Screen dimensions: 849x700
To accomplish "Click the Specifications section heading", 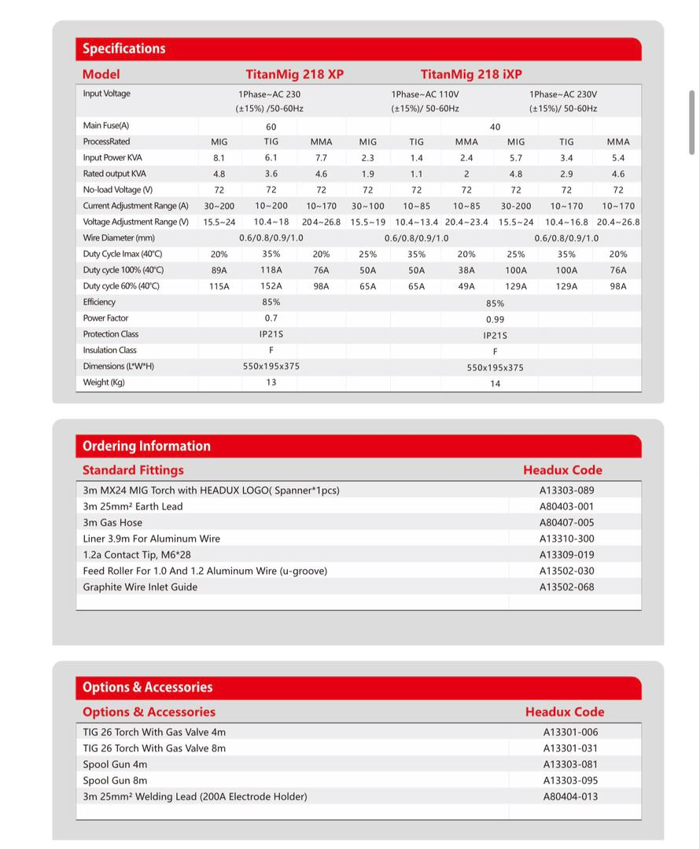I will click(124, 49).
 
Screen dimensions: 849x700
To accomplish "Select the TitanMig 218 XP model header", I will click(294, 75).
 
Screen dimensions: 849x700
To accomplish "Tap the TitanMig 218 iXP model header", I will click(470, 75).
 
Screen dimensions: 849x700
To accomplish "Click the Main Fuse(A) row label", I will click(106, 126).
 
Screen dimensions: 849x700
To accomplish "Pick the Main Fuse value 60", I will click(271, 127).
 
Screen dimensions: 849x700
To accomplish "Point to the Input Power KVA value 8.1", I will click(219, 158).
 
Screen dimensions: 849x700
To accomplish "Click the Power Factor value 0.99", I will click(495, 320).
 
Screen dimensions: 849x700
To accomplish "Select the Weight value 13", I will click(271, 383).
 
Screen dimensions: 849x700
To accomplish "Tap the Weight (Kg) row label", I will click(104, 383).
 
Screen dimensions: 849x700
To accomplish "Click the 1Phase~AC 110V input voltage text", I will click(425, 94).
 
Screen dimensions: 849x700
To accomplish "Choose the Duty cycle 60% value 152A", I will click(271, 286).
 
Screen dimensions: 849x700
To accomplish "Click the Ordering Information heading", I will click(146, 447).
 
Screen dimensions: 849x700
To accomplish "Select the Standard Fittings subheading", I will click(133, 470).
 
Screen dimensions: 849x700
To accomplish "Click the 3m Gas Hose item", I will click(112, 523).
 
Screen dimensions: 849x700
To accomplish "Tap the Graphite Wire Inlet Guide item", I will click(140, 587).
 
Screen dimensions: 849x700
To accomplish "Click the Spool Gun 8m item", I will click(115, 781).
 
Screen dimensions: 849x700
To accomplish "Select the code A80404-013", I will click(570, 797).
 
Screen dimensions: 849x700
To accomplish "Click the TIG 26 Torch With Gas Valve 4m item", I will click(154, 732).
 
